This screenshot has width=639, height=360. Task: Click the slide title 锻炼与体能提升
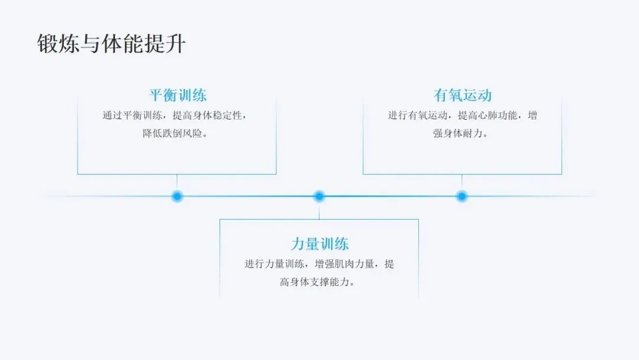click(x=111, y=43)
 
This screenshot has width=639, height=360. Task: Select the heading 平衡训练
click(x=177, y=95)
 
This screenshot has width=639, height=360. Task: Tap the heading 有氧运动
click(x=462, y=95)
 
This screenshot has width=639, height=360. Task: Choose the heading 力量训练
click(x=319, y=243)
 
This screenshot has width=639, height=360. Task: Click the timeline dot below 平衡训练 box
click(x=177, y=196)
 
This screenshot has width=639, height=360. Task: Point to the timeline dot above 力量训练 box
click(x=319, y=196)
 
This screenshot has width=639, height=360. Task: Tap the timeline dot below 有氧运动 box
click(x=462, y=196)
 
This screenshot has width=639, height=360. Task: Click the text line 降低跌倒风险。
click(x=177, y=134)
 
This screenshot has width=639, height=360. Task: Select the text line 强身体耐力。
click(x=462, y=134)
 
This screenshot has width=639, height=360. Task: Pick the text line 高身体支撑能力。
click(x=319, y=282)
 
